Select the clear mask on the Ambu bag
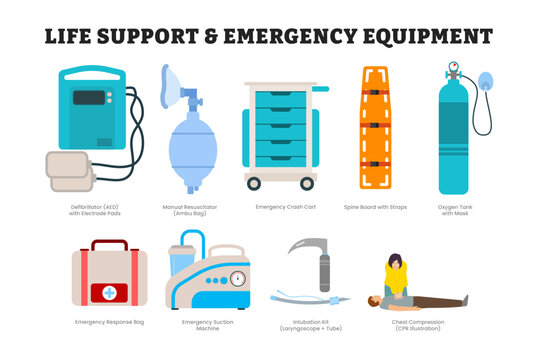click(173, 83)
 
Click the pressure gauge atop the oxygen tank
click(453, 70)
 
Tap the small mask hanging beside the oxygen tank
click(484, 81)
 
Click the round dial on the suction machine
click(237, 279)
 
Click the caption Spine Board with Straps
click(376, 206)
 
